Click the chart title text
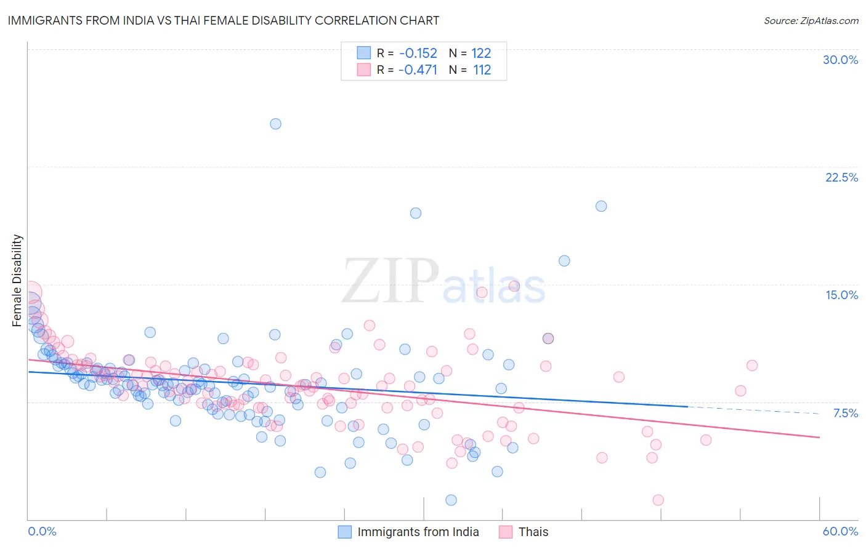pos(223,20)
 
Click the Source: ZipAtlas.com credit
pos(811,20)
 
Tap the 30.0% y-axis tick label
pos(840,60)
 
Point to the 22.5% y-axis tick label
pos(841,177)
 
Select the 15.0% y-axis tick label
pos(841,295)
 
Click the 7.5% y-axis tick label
pos(845,413)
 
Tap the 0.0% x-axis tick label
pos(42,531)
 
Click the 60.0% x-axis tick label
pos(840,531)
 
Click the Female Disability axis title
pos(17,280)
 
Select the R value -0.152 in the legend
pos(418,54)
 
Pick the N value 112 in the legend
pos(482,70)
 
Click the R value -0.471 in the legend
pos(418,70)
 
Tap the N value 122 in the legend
pos(482,54)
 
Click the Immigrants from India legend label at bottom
pos(418,532)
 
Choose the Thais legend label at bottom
pos(533,532)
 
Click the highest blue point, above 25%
pos(275,124)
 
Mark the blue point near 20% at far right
pos(601,206)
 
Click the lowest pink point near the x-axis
pos(658,500)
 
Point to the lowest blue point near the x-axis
pos(451,500)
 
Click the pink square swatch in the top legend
pos(363,70)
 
